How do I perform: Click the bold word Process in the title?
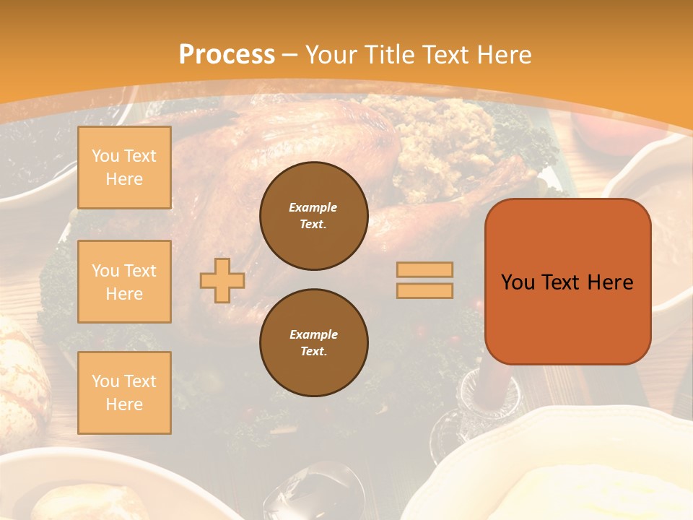[x=227, y=55]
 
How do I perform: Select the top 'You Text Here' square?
[x=124, y=168]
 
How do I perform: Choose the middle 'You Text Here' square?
[x=124, y=282]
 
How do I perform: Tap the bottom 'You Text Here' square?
[x=124, y=392]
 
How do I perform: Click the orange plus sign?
[x=222, y=280]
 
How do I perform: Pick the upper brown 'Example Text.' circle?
[x=313, y=216]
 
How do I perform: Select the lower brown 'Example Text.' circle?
[x=313, y=342]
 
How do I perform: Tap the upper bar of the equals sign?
[x=424, y=269]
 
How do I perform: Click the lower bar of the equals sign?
[x=424, y=290]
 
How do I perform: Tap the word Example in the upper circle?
[x=313, y=207]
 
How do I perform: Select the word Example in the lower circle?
[x=313, y=334]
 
